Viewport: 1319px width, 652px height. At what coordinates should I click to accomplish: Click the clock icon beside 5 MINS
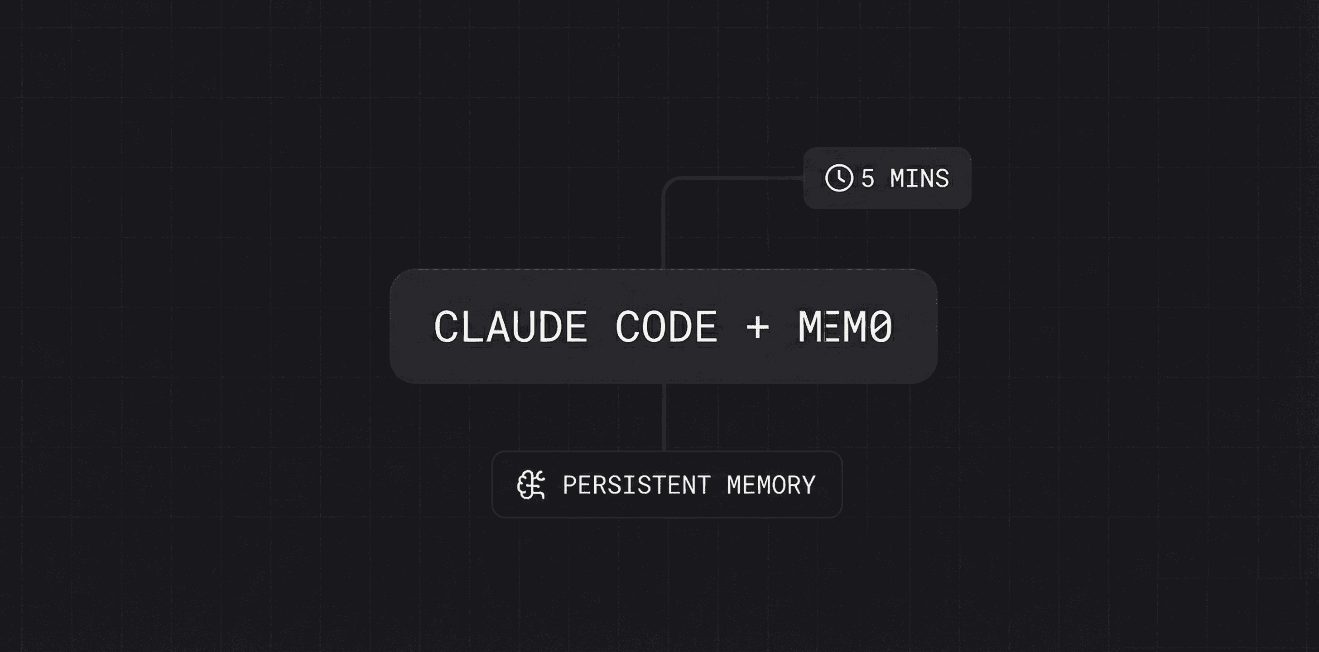click(839, 178)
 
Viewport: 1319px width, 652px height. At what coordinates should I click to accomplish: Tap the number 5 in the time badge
click(867, 178)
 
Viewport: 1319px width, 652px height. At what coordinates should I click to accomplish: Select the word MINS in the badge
click(919, 178)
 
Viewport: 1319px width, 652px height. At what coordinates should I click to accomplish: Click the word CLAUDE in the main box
click(510, 326)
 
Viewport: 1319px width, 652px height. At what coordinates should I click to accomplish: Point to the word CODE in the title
click(666, 326)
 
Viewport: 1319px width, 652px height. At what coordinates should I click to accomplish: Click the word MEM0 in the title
click(845, 326)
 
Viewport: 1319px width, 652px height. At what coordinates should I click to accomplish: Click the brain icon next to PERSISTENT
click(530, 484)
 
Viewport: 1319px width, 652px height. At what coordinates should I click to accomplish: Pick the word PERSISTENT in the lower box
click(636, 484)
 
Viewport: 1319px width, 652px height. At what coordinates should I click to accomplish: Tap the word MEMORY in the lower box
click(771, 484)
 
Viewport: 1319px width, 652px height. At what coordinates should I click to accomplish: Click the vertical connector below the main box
click(664, 417)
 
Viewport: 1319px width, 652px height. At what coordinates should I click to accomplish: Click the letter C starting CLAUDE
click(447, 326)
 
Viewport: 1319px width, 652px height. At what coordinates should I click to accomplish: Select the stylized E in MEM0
click(832, 326)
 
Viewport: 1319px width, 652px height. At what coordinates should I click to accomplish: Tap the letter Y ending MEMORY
click(809, 484)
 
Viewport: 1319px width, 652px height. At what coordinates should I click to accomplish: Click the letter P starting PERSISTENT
click(570, 484)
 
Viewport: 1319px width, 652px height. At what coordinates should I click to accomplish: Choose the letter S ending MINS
click(942, 178)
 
